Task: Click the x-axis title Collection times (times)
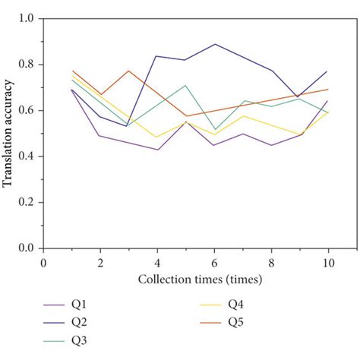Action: click(x=200, y=279)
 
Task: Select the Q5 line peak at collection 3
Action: click(x=129, y=71)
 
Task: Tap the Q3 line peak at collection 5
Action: click(x=185, y=85)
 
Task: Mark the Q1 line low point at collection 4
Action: click(x=157, y=150)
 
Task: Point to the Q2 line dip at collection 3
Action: click(x=128, y=126)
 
